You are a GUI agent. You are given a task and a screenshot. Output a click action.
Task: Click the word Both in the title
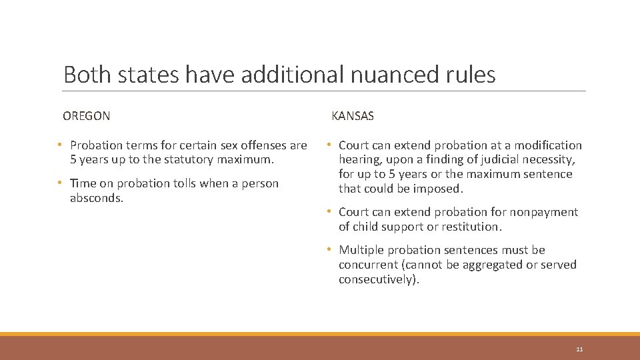pos(88,75)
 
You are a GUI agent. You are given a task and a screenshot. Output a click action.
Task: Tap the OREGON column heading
pos(87,116)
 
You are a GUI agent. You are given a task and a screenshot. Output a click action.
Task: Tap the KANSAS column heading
pos(353,116)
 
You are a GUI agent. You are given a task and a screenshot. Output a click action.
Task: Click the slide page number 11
pos(579,349)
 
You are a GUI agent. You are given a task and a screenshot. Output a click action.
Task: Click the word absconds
pos(96,198)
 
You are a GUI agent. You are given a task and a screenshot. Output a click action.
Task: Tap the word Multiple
pos(361,250)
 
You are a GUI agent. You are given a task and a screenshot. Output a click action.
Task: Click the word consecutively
pos(377,279)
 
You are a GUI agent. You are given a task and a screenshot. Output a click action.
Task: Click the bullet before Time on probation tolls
pos(61,183)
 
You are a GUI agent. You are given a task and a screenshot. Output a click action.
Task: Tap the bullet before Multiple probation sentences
pos(330,250)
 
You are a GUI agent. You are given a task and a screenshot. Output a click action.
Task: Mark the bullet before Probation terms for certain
pos(61,145)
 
